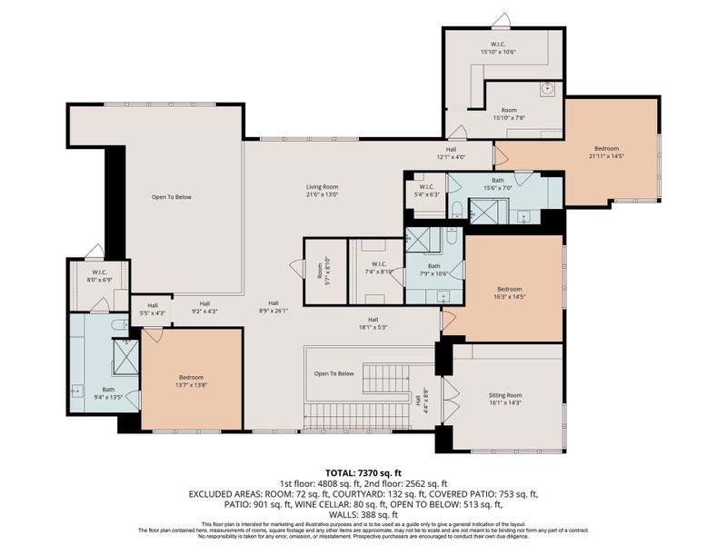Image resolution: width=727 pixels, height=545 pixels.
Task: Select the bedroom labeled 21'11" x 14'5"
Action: tap(608, 152)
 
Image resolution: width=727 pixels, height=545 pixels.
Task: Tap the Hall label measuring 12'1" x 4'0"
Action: tap(451, 154)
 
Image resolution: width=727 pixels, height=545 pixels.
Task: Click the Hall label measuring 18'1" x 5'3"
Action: tap(373, 323)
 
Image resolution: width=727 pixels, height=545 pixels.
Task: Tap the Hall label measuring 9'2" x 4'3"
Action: tap(205, 308)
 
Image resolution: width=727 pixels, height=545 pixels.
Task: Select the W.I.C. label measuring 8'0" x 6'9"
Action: tap(100, 275)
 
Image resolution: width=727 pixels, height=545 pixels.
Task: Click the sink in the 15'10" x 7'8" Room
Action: tap(547, 88)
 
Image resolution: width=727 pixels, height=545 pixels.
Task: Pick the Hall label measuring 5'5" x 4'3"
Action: tap(153, 308)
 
